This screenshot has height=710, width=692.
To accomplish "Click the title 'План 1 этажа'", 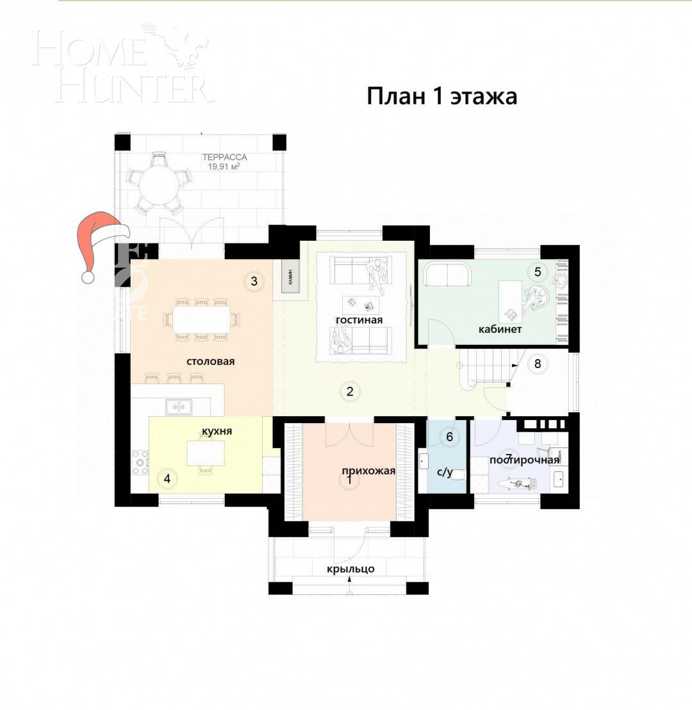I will click(441, 97).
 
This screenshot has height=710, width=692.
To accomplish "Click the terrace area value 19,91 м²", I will click(224, 167).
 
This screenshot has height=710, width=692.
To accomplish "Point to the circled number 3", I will click(254, 280).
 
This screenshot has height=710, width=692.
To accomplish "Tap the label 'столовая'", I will click(210, 361).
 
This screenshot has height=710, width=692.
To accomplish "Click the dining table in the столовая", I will click(202, 319).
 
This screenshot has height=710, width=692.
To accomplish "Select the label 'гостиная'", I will click(359, 319).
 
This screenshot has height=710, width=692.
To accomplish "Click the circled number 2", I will click(350, 392).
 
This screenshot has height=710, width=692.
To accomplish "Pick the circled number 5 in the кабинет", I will click(538, 271).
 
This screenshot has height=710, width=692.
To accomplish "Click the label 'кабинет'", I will click(500, 330).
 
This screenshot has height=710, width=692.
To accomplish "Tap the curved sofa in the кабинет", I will click(447, 274).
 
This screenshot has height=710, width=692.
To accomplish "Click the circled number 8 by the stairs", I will click(538, 364).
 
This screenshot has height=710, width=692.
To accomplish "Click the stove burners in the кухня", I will click(140, 462).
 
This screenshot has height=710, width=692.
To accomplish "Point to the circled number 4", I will click(167, 478).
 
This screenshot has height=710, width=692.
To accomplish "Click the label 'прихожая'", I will click(367, 471).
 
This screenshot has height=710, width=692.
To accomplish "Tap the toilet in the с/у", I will click(456, 474).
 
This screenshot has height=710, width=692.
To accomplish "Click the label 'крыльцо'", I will click(350, 569).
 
